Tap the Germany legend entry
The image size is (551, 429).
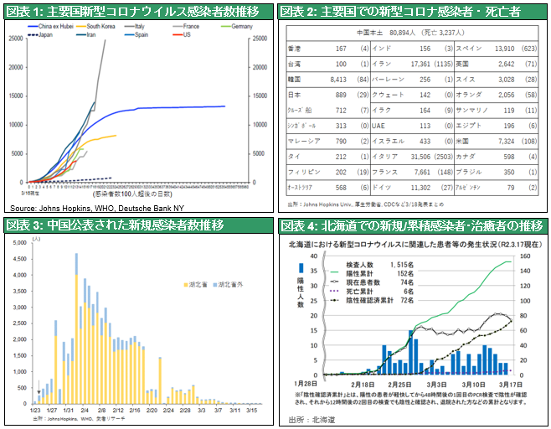click(239, 27)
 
